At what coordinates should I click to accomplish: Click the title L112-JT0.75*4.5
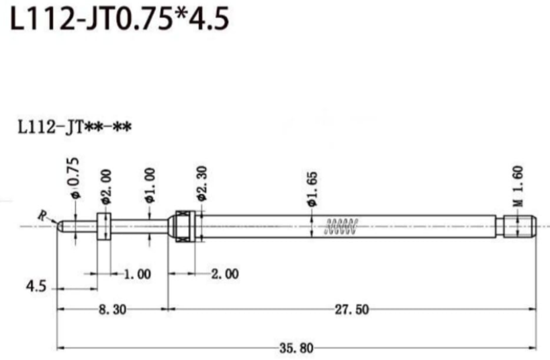point(120,18)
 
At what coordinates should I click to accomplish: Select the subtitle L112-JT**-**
point(75,127)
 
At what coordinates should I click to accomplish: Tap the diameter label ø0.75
point(75,178)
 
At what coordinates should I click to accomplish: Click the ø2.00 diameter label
point(105,187)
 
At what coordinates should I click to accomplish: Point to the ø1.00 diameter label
point(150,185)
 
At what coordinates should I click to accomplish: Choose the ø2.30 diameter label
point(202,183)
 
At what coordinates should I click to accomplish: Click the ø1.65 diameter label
point(312,189)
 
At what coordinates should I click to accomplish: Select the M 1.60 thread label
point(518,186)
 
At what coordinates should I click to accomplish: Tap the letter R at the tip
point(42,216)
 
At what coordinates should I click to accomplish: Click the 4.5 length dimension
point(36,287)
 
